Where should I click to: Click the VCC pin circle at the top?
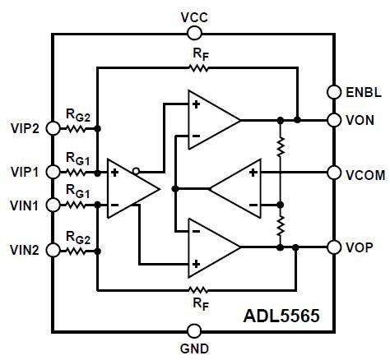pos(194,33)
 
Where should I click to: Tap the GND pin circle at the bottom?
pos(194,331)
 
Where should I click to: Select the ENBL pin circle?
pos(334,91)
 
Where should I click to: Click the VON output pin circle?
pos(334,120)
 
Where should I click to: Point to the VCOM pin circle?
pos(334,173)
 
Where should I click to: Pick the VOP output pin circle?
pos(334,247)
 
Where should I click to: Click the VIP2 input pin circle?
pos(53,128)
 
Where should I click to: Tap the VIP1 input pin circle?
pos(53,172)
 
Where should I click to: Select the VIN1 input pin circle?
pos(53,204)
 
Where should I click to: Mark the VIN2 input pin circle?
pos(53,247)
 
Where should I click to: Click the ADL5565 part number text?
pos(282,315)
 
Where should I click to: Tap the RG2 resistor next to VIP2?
pos(77,128)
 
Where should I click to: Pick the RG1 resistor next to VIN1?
pos(77,204)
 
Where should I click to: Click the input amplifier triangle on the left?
pos(130,188)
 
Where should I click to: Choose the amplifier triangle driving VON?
pos(210,120)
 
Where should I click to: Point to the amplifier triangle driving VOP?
pos(210,247)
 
